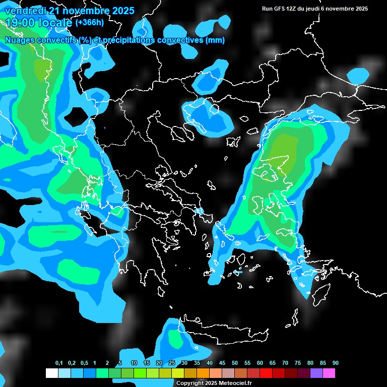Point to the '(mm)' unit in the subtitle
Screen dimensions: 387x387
point(215,40)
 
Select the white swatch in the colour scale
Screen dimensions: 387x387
point(51,373)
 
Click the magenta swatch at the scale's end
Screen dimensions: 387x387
point(329,373)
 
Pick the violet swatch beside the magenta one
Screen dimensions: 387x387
point(316,373)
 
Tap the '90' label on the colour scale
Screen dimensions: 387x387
point(336,363)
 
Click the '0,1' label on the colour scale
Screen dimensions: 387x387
point(59,363)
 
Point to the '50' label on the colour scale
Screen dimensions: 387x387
point(235,363)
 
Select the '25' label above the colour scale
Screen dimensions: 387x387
point(172,363)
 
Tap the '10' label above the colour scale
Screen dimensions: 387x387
point(134,363)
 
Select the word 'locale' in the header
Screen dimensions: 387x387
point(55,23)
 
